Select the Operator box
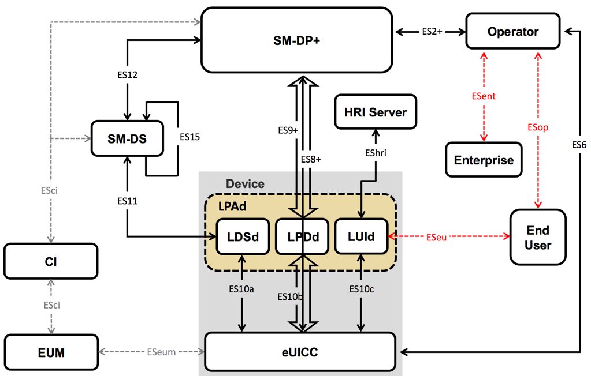tap(512, 32)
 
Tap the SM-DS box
tap(127, 138)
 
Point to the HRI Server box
tap(376, 112)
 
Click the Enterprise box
tap(484, 160)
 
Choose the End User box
tap(538, 237)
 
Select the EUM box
tap(51, 352)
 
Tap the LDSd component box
tap(243, 236)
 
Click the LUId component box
tap(362, 236)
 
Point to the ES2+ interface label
tap(432, 32)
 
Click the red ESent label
tap(484, 96)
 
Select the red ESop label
tap(537, 127)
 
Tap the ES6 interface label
tap(579, 146)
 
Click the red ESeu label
tap(436, 236)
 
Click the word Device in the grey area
tap(245, 184)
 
